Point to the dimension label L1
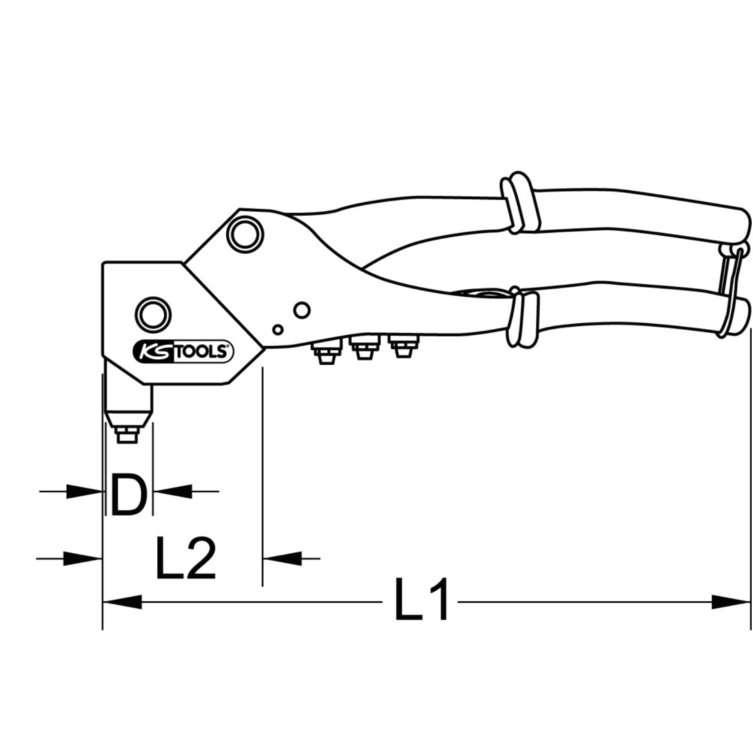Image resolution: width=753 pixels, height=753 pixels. [x=421, y=601]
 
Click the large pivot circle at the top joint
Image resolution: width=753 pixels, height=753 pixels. [x=243, y=233]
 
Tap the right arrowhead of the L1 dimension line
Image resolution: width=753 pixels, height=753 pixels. [x=731, y=602]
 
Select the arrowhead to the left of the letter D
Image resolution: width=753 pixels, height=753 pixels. [x=85, y=491]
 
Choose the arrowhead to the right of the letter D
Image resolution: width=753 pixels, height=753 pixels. [x=171, y=491]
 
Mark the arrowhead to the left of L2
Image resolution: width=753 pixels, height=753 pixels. [x=83, y=557]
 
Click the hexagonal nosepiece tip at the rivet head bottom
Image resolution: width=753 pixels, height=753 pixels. [x=127, y=433]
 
